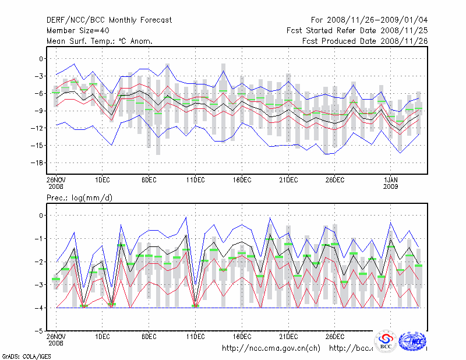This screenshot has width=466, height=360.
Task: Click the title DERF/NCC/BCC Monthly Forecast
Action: tap(109, 20)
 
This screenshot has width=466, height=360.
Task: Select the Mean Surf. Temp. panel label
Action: tap(100, 41)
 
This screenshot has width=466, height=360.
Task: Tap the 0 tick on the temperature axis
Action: tap(41, 59)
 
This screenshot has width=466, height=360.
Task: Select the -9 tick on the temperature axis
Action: tap(38, 111)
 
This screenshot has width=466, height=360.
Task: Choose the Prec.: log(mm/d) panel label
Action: tap(80, 198)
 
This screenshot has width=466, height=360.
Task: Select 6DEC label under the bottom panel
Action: tap(149, 336)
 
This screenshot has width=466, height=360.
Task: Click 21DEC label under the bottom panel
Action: tap(288, 336)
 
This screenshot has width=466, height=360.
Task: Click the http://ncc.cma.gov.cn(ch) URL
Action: tap(271, 348)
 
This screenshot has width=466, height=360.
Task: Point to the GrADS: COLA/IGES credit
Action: tap(24, 355)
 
